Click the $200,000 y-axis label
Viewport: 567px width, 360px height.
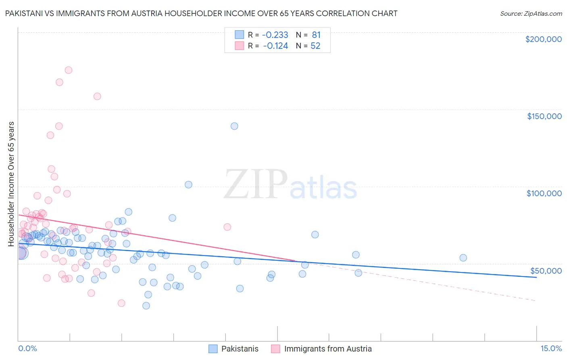543,39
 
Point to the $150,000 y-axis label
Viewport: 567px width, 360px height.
544,116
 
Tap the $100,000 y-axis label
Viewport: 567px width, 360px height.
544,193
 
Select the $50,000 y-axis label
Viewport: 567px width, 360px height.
546,271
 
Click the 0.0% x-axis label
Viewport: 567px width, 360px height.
27,348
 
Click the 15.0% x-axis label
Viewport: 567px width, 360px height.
551,348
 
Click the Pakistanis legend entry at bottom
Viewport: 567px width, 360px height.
240,349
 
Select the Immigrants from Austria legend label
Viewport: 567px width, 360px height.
327,349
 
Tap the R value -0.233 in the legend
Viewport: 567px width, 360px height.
275,35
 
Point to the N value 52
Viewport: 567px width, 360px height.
315,46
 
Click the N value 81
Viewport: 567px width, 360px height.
316,35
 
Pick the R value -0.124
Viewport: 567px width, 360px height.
275,46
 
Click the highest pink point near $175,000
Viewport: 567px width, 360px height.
69,70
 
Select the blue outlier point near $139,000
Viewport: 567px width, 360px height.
234,126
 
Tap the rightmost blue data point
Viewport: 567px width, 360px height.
463,258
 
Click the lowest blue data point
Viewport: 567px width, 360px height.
146,306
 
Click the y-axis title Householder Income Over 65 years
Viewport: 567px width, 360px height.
11,184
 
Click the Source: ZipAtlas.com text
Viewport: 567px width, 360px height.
531,14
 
